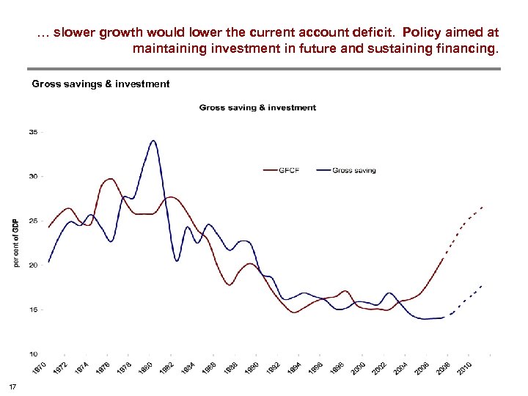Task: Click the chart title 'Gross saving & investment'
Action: click(x=257, y=108)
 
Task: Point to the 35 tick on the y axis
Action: click(x=34, y=132)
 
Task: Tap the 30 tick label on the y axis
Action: click(x=34, y=177)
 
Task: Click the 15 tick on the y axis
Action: click(x=34, y=309)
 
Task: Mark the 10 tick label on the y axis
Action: click(x=34, y=354)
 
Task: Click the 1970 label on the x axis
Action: click(x=40, y=369)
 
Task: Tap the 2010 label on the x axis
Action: click(x=464, y=369)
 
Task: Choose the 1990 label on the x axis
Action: click(x=252, y=369)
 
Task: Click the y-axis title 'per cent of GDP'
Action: click(x=16, y=243)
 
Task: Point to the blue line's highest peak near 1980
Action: click(x=153, y=141)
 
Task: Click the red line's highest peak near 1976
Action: click(x=110, y=179)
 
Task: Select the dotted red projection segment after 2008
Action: click(x=465, y=221)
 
